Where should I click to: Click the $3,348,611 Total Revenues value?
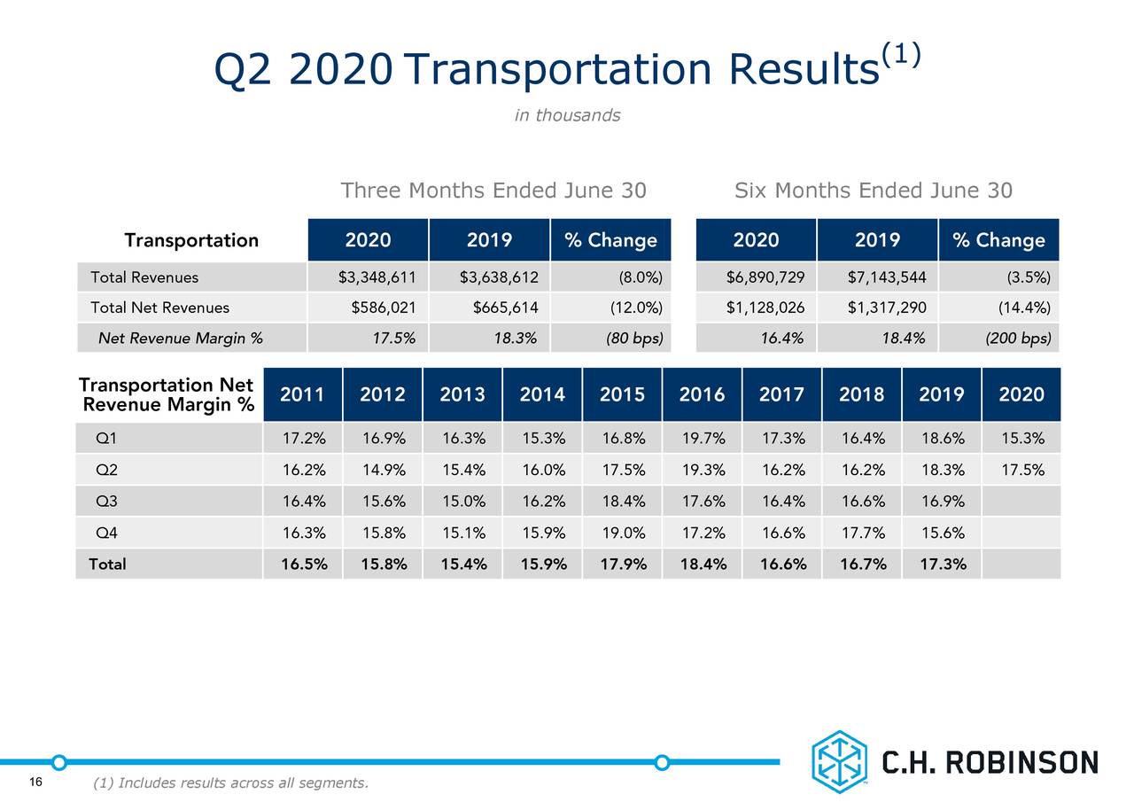click(377, 277)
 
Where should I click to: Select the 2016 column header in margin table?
click(702, 394)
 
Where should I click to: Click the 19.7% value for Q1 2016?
click(702, 439)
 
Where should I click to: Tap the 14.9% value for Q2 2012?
click(383, 470)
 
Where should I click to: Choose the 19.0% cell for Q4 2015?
click(622, 533)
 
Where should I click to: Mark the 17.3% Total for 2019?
click(942, 564)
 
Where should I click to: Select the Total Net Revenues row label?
click(159, 308)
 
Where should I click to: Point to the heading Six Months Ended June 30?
click(873, 191)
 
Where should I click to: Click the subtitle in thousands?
click(567, 115)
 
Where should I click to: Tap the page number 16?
click(35, 781)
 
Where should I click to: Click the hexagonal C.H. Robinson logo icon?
click(838, 761)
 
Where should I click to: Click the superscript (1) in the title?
click(900, 54)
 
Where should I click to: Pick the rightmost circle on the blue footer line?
click(661, 762)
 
